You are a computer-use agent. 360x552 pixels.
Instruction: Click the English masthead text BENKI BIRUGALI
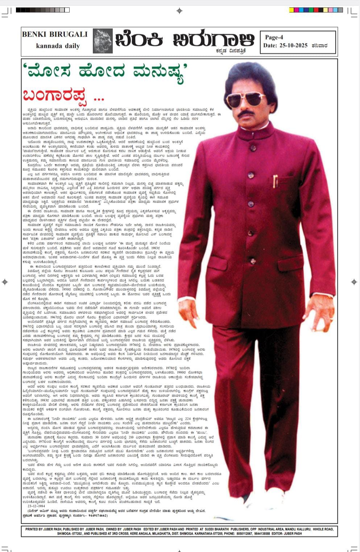[x=55, y=34]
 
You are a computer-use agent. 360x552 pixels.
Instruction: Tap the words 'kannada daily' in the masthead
[x=58, y=46]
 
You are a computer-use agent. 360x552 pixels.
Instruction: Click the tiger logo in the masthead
[x=103, y=41]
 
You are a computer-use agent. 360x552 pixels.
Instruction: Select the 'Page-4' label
[x=274, y=37]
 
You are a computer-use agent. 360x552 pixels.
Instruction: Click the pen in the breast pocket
[x=275, y=181]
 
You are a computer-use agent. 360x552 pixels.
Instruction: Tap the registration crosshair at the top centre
[x=179, y=11]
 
